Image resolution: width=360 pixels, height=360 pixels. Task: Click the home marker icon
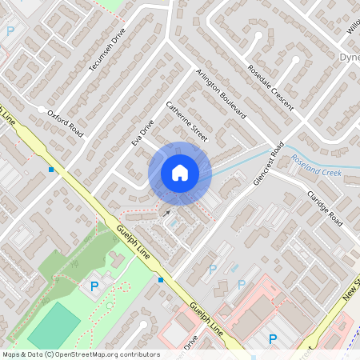click(x=180, y=173)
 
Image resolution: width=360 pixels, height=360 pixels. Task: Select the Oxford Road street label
click(x=65, y=124)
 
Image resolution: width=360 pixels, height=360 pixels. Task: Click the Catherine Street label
click(x=186, y=122)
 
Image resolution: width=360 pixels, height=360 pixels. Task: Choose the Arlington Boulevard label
click(x=220, y=94)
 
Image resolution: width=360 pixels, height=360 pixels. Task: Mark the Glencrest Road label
click(x=266, y=164)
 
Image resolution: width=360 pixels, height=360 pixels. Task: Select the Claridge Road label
click(x=324, y=208)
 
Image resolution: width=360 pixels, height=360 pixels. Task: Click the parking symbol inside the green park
click(x=94, y=286)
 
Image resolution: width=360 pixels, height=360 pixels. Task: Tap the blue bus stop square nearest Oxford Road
click(x=52, y=170)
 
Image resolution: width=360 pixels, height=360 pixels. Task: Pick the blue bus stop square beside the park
click(x=161, y=280)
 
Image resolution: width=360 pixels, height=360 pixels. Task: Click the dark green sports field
click(x=54, y=325)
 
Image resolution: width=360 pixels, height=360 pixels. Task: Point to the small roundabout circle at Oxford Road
click(x=40, y=108)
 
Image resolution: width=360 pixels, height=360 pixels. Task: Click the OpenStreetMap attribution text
click(x=80, y=354)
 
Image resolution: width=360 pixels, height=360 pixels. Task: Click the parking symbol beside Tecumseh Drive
click(x=10, y=31)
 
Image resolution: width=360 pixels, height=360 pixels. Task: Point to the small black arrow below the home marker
click(x=166, y=213)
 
